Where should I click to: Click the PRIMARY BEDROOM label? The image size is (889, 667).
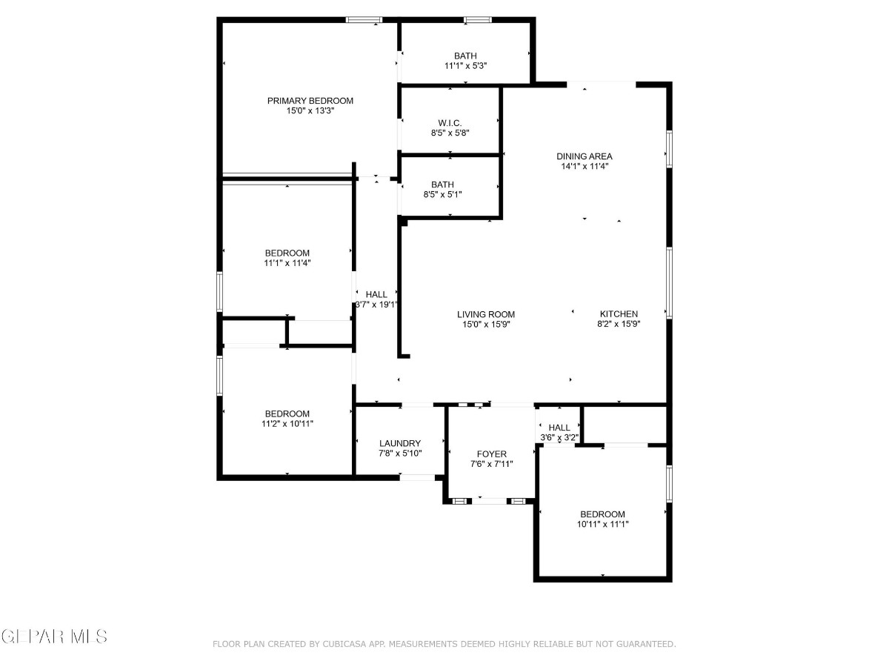click(x=310, y=101)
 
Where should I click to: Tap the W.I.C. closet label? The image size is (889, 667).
click(x=450, y=123)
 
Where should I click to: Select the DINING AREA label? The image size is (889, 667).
click(x=585, y=156)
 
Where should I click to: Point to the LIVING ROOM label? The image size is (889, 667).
click(x=486, y=314)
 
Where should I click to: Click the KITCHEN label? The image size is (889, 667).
click(x=619, y=313)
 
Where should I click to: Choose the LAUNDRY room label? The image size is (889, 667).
click(x=400, y=443)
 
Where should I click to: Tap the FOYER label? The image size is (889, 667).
click(x=492, y=454)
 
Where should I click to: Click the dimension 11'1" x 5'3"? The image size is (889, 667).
click(x=466, y=66)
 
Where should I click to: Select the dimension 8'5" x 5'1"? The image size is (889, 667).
click(x=443, y=194)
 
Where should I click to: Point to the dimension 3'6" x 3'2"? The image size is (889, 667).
click(x=559, y=437)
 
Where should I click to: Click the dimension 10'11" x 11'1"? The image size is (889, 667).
click(x=602, y=525)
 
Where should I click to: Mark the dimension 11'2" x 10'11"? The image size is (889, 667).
click(x=287, y=424)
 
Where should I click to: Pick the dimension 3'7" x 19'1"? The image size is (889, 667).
click(x=376, y=305)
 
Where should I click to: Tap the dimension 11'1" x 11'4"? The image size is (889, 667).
click(x=287, y=263)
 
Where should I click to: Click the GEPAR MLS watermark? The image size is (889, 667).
click(x=54, y=637)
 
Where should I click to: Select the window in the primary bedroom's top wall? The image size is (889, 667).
click(x=364, y=19)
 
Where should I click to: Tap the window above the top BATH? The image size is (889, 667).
click(x=478, y=19)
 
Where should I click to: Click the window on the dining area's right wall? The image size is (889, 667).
click(x=670, y=149)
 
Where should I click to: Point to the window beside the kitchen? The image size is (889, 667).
click(x=670, y=283)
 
